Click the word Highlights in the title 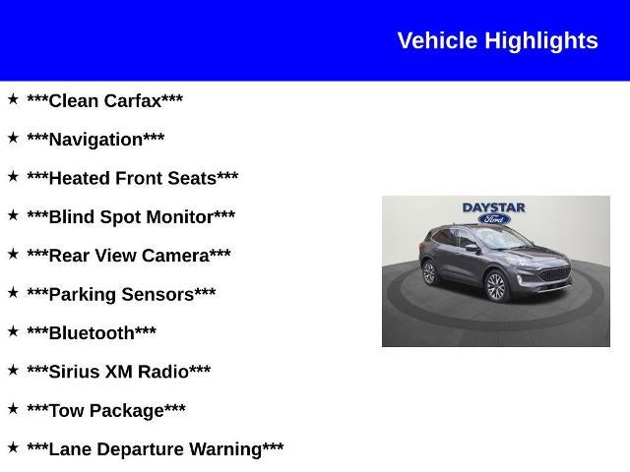[x=541, y=40]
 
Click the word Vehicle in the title [x=437, y=40]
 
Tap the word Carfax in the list [x=133, y=100]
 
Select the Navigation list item [x=95, y=140]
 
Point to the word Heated [x=80, y=178]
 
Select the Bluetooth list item [x=92, y=332]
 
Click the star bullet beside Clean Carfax [x=13, y=98]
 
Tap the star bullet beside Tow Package [x=13, y=408]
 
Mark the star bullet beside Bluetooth [x=13, y=330]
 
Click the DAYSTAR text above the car [x=494, y=207]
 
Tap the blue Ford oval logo [x=494, y=219]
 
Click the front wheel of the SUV [x=495, y=286]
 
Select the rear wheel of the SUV [x=429, y=272]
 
